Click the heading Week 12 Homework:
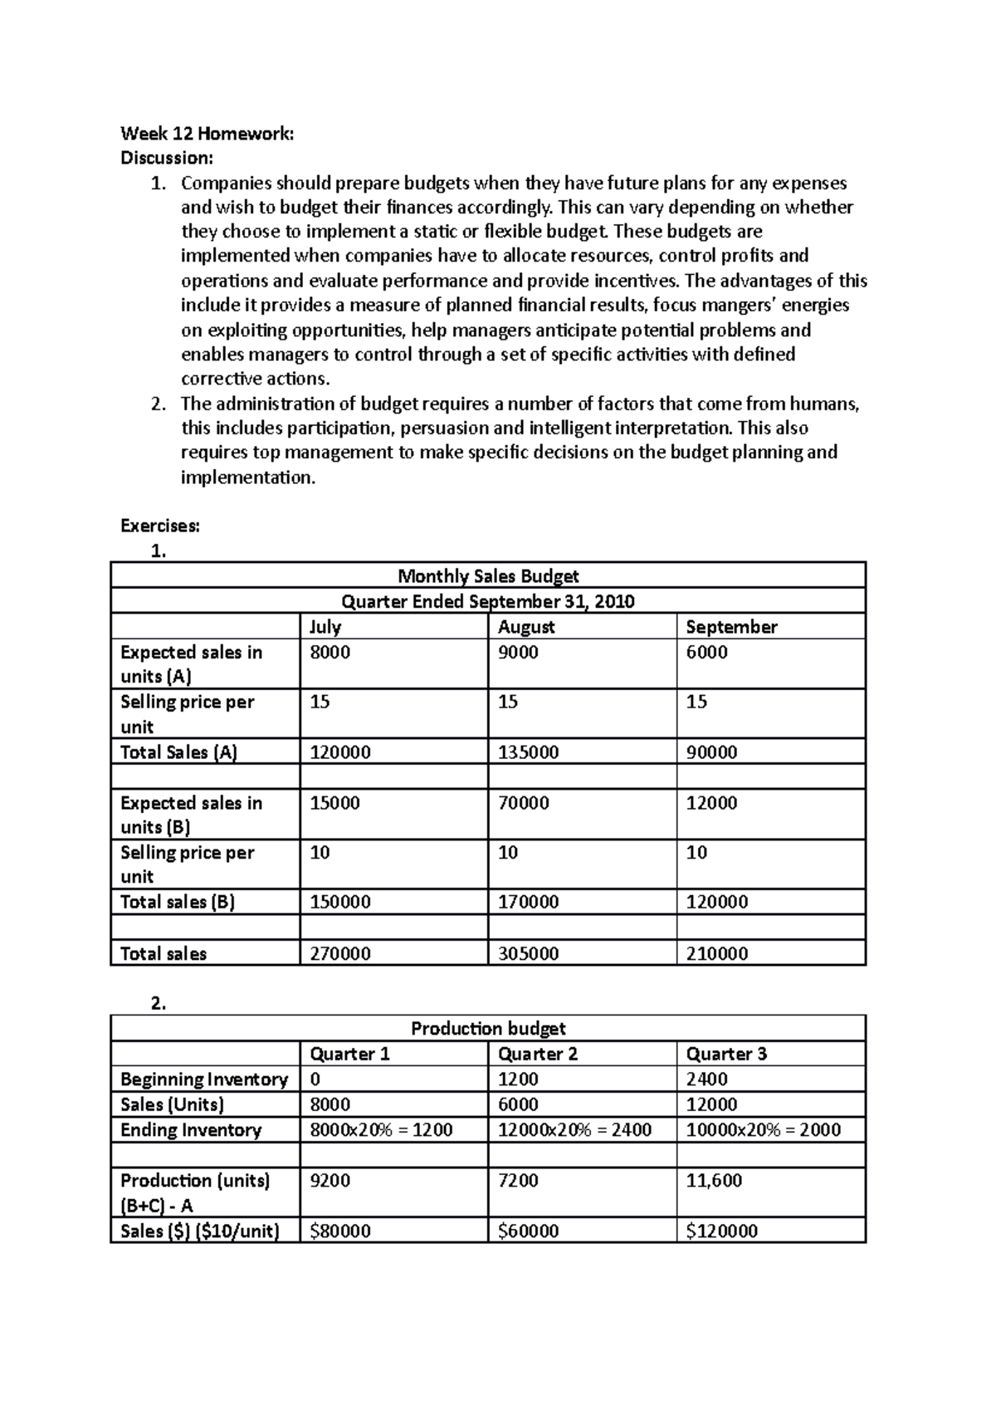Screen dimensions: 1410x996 tap(207, 133)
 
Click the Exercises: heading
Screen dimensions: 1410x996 tap(160, 526)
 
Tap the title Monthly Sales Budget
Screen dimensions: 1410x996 tap(488, 575)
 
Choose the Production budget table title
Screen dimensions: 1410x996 tap(488, 1028)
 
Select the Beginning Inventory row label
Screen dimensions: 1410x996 tap(204, 1079)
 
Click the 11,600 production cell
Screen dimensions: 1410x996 tap(714, 1180)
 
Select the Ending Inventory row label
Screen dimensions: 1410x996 tap(191, 1129)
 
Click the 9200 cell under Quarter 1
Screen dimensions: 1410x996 tap(330, 1180)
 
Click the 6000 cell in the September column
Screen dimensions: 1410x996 tap(706, 652)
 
